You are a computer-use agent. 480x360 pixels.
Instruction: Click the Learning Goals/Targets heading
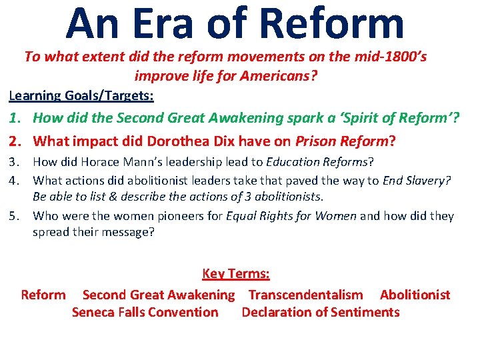81,95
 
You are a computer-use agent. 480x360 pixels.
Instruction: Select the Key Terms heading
235,274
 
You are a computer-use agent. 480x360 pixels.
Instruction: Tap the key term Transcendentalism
306,295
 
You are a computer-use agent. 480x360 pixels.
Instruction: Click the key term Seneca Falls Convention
145,312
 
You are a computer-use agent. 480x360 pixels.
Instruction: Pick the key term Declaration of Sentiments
321,312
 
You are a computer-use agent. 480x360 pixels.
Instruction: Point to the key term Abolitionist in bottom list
415,295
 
